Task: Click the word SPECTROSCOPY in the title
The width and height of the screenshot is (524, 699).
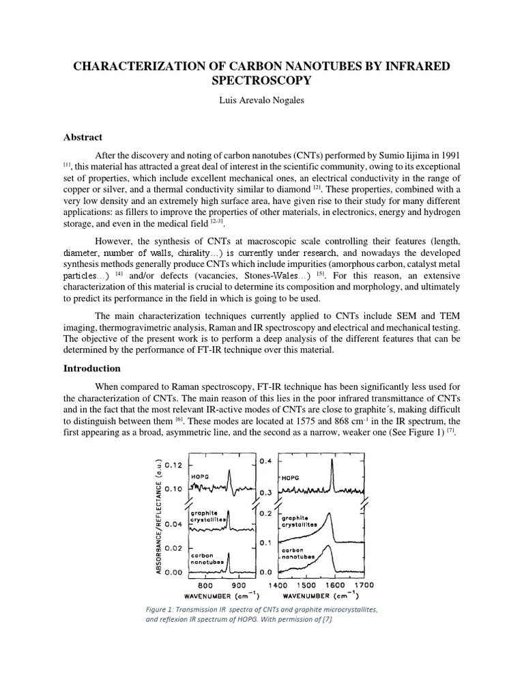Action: pos(261,81)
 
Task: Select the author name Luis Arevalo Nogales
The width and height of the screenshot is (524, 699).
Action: pos(261,100)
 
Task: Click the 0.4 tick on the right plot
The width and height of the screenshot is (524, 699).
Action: pos(267,461)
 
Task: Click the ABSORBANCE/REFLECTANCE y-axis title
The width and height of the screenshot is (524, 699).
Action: pos(159,515)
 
